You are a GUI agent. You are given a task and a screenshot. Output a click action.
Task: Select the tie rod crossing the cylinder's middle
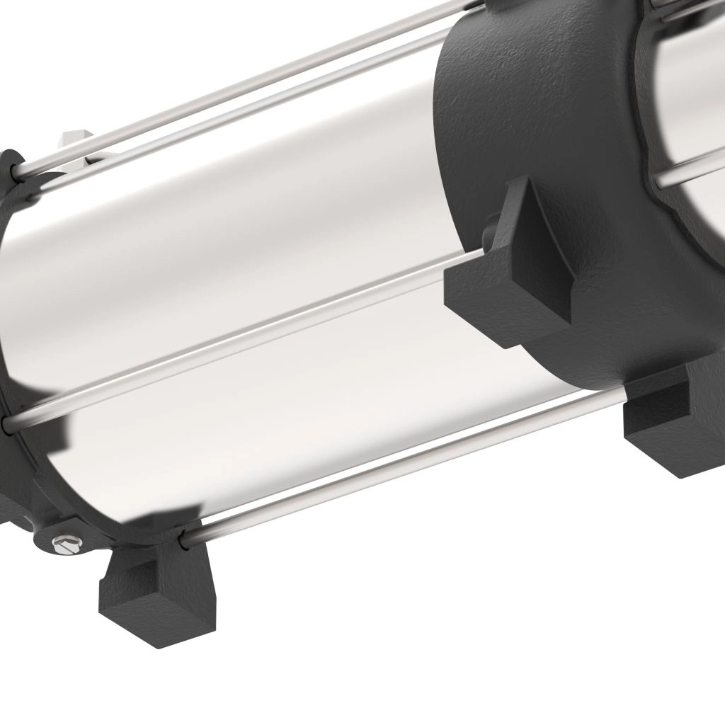[234, 340]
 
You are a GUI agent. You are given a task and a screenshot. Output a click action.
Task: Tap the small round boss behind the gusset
[489, 230]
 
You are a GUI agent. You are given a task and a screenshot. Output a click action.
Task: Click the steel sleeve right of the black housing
[690, 106]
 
